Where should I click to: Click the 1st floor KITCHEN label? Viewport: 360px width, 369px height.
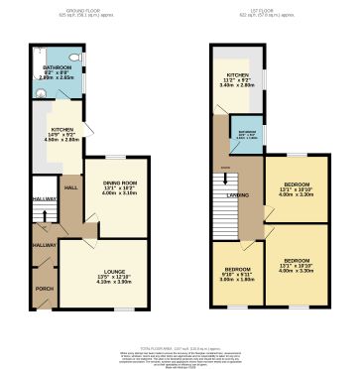point(237,74)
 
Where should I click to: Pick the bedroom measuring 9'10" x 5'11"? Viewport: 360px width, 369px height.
point(236,272)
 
